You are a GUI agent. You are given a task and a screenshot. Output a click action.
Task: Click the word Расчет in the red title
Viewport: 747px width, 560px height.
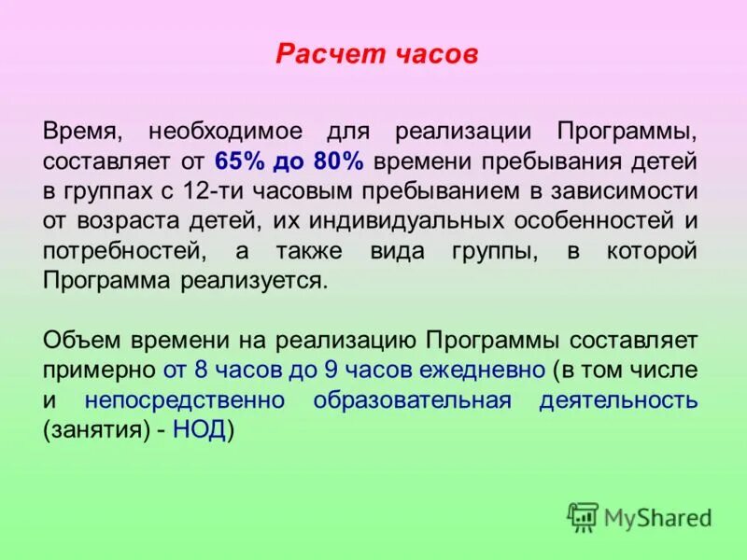(317, 55)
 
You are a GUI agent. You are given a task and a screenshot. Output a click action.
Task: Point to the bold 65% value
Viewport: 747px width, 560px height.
(238, 161)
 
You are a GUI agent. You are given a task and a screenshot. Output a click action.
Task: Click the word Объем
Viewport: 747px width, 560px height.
(78, 341)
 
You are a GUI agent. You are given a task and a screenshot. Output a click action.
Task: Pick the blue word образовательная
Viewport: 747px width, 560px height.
(412, 401)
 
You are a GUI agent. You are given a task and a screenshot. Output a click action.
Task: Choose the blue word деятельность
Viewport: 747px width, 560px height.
(617, 401)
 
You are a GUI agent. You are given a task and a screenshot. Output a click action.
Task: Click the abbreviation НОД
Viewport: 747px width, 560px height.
(198, 432)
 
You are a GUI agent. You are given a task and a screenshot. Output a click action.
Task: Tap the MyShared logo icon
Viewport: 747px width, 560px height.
(583, 516)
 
